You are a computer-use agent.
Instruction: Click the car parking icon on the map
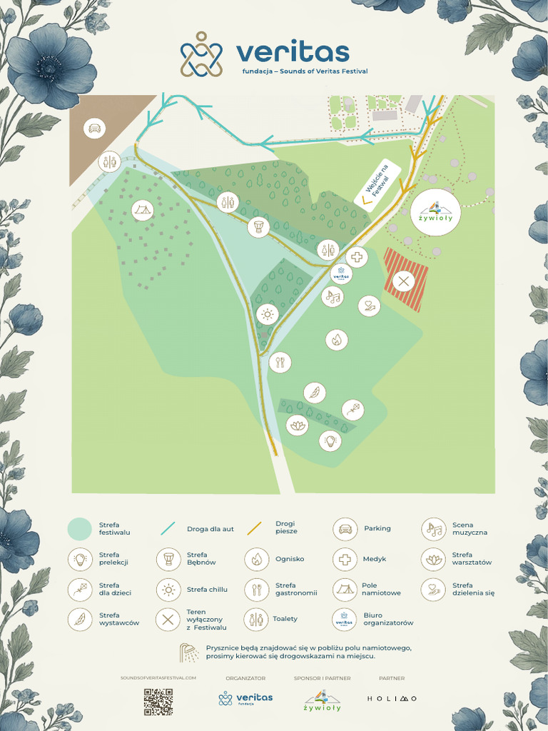94,129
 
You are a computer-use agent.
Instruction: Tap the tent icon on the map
143,210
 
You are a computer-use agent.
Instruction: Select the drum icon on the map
258,228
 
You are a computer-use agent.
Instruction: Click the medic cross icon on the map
357,257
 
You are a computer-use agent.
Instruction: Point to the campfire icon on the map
337,340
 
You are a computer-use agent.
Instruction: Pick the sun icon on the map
268,313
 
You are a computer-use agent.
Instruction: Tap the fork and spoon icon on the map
280,362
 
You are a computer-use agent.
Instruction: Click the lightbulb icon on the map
330,440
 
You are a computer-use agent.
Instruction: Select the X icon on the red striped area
403,281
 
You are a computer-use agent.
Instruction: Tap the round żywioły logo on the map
436,212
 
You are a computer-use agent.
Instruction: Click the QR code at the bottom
158,702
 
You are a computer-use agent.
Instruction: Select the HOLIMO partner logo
392,698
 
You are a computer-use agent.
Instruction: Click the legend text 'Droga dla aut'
210,529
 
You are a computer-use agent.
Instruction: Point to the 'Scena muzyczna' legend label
470,529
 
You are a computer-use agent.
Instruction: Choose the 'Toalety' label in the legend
285,619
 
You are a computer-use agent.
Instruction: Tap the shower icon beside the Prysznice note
189,652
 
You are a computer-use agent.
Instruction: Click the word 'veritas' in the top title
293,52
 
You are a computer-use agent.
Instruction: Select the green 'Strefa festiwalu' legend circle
80,529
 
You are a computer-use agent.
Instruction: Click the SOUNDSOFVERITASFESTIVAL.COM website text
160,677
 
